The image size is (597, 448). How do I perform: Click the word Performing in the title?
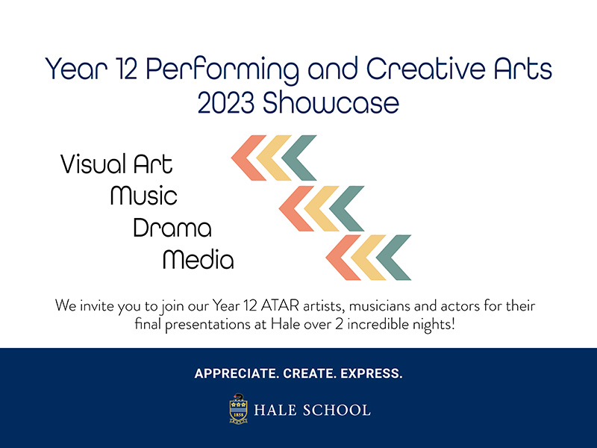(x=222, y=69)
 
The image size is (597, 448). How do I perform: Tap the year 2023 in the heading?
(x=226, y=103)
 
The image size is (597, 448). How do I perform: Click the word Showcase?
(x=331, y=103)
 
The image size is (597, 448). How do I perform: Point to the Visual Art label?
(x=116, y=164)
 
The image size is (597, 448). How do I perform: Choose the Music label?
(x=144, y=196)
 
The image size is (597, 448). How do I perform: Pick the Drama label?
(x=172, y=228)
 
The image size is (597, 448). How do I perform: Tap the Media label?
(x=198, y=259)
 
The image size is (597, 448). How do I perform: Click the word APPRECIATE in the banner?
(x=237, y=373)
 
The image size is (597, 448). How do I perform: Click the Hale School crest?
(x=238, y=408)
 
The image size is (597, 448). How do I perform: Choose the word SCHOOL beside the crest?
(x=337, y=410)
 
